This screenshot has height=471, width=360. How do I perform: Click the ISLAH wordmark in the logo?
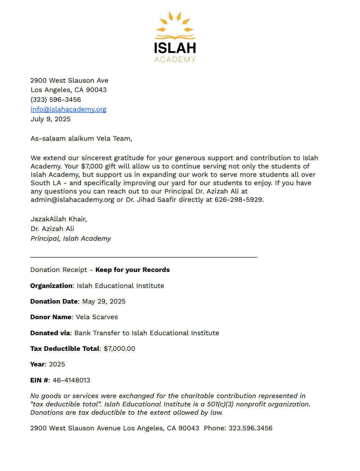(175, 48)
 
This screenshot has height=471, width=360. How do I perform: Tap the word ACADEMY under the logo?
(175, 59)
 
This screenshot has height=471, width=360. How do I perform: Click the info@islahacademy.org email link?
(68, 109)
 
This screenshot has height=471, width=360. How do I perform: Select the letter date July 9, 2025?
(51, 119)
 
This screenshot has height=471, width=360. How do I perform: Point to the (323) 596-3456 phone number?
(56, 99)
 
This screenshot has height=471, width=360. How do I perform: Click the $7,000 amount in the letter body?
(92, 166)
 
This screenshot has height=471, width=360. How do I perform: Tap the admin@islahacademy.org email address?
(72, 199)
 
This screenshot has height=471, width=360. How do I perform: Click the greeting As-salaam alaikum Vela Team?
(81, 138)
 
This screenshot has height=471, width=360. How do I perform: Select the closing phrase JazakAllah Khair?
(59, 219)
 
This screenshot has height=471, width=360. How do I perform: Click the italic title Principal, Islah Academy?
(71, 238)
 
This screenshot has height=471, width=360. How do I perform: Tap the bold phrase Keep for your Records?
(132, 270)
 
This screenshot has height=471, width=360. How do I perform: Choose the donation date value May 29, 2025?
(104, 301)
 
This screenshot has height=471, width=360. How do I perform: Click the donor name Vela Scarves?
(97, 317)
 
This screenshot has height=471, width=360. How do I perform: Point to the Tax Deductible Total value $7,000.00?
(120, 348)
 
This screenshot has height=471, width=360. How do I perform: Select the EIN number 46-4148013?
(71, 380)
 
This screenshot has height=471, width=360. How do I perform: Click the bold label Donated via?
(50, 333)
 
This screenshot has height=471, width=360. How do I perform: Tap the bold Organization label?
(51, 286)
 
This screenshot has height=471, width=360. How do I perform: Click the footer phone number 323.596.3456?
(251, 428)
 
